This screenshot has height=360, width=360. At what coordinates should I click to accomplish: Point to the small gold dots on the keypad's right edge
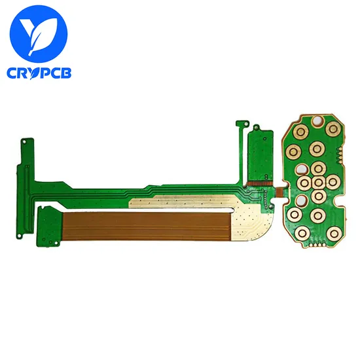(x=339, y=156)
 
